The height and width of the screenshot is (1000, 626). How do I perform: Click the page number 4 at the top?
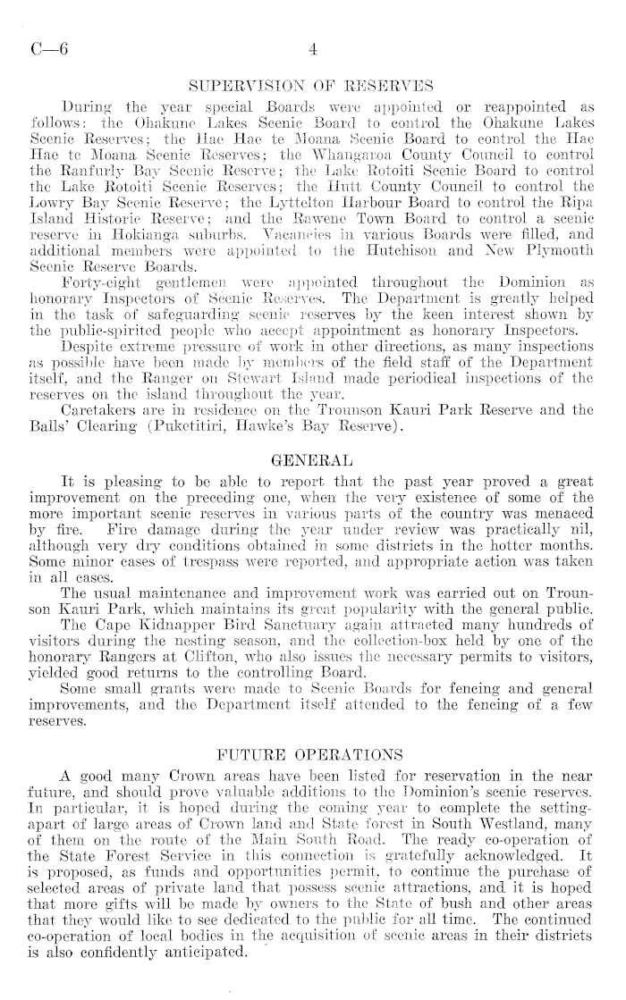click(312, 51)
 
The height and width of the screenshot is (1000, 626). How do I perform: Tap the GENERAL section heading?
click(312, 461)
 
